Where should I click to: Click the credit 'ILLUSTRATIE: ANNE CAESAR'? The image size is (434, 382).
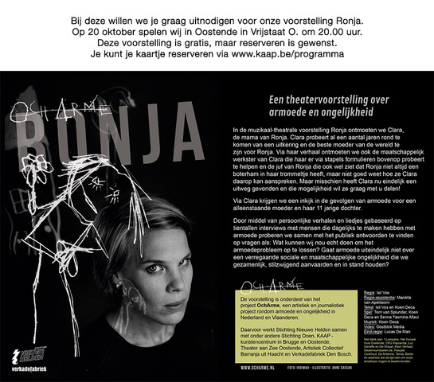click(x=350, y=368)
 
